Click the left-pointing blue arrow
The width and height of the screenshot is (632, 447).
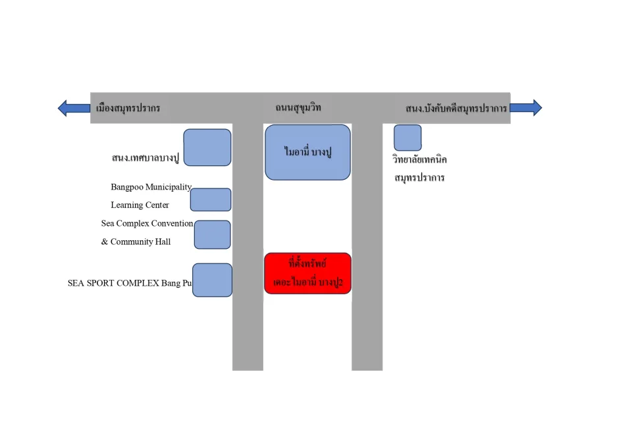pyautogui.click(x=74, y=108)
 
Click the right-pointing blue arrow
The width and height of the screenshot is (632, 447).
pyautogui.click(x=526, y=107)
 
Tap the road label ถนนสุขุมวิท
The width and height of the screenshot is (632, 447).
pyautogui.click(x=298, y=107)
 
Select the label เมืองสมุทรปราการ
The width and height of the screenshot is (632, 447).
pyautogui.click(x=128, y=108)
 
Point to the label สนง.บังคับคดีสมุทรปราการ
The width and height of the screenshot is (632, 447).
pyautogui.click(x=456, y=108)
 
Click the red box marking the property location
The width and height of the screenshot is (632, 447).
pyautogui.click(x=307, y=273)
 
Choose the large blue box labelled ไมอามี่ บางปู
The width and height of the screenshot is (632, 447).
pyautogui.click(x=307, y=152)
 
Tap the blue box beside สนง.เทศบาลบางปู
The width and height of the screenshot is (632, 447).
pyautogui.click(x=207, y=147)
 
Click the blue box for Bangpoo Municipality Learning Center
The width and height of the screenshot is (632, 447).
pyautogui.click(x=211, y=199)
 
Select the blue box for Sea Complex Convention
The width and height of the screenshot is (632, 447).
pyautogui.click(x=213, y=234)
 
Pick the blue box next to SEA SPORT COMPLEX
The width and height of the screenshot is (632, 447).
pyautogui.click(x=212, y=280)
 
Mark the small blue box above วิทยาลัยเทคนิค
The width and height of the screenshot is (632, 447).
pyautogui.click(x=408, y=138)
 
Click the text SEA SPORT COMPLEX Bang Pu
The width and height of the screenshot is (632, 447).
pyautogui.click(x=130, y=283)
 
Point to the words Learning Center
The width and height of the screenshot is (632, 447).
pyautogui.click(x=140, y=205)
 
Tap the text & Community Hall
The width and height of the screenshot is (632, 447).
pyautogui.click(x=136, y=242)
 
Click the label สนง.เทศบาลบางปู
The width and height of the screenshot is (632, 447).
pyautogui.click(x=145, y=157)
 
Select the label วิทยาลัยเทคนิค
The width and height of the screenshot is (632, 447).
pyautogui.click(x=419, y=159)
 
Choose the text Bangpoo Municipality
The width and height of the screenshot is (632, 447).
pyautogui.click(x=151, y=187)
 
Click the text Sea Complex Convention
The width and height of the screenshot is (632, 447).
pyautogui.click(x=147, y=223)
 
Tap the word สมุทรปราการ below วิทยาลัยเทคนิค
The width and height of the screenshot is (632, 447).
pyautogui.click(x=419, y=178)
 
